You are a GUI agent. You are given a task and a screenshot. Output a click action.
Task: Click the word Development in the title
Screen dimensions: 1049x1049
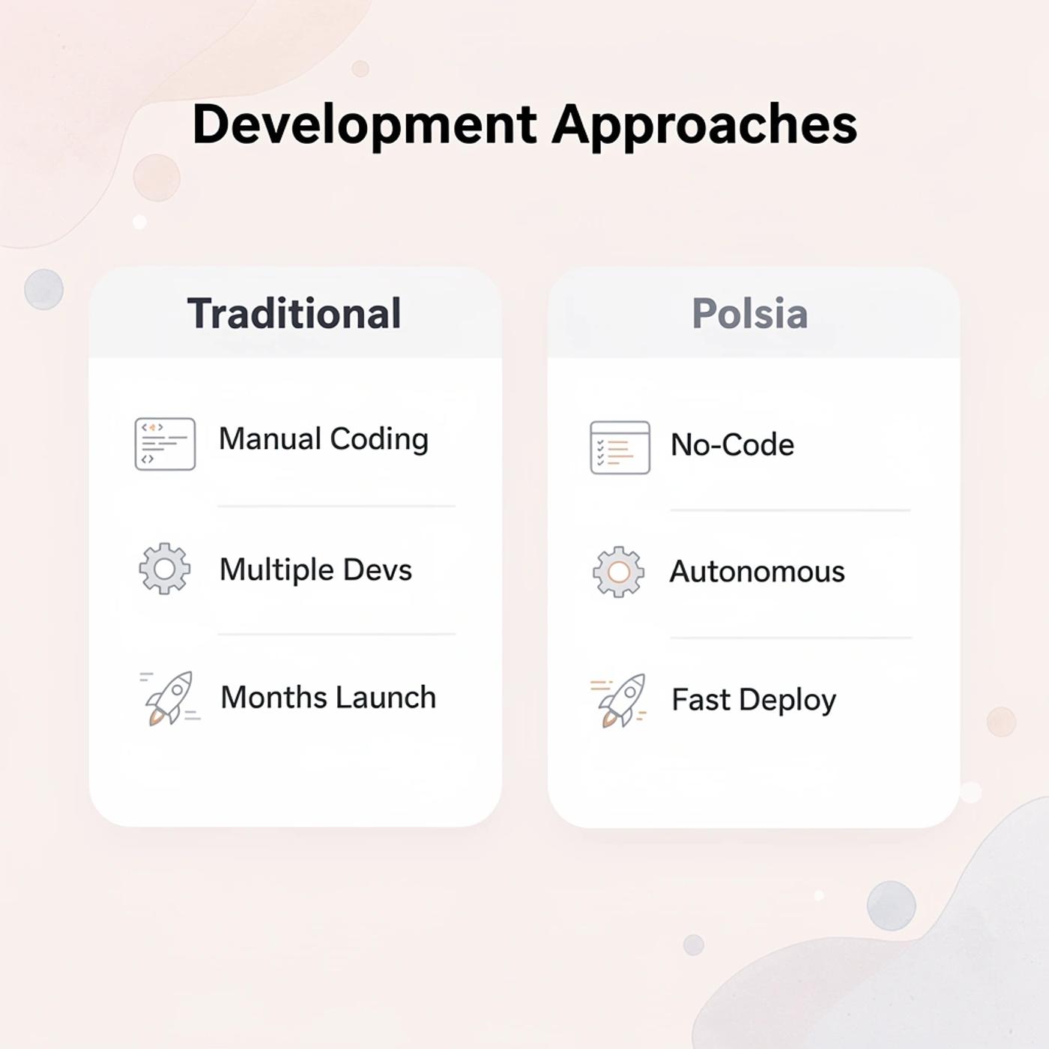point(364,124)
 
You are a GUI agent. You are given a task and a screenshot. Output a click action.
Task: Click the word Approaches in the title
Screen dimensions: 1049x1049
point(704,124)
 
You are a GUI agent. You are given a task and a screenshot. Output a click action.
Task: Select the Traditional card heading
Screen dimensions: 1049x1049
point(294,313)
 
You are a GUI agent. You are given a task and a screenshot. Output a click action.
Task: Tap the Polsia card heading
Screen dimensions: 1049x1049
point(749,313)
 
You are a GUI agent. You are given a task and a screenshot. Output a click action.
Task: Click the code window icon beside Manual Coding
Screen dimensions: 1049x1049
point(165,444)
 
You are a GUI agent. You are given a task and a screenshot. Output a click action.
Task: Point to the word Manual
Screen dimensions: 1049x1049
point(270,439)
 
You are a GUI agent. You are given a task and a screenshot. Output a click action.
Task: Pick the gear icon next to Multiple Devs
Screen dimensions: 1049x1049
point(165,569)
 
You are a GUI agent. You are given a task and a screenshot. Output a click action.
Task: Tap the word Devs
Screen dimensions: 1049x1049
point(377,570)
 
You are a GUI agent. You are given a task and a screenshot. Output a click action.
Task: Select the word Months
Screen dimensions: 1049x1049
point(272,698)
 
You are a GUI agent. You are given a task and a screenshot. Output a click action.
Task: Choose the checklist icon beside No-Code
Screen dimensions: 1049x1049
point(620,447)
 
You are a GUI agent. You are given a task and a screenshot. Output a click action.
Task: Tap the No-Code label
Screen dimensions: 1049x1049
point(732,445)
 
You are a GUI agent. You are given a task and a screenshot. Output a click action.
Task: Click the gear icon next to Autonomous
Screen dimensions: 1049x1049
point(618,572)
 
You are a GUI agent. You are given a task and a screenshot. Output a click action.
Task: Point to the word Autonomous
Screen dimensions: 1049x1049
point(757,572)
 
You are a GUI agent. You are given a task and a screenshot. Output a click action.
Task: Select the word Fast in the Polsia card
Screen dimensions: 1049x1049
point(701,700)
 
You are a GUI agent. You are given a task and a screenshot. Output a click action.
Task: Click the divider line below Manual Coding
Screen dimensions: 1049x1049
point(336,507)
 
